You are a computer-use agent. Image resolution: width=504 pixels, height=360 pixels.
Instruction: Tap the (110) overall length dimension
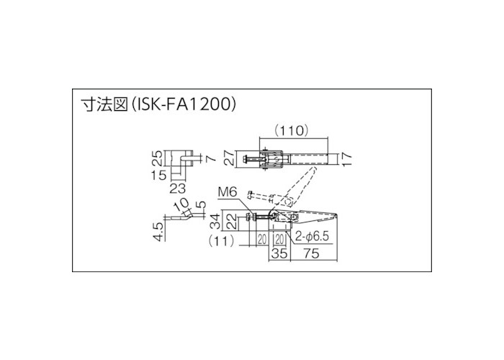[292, 131]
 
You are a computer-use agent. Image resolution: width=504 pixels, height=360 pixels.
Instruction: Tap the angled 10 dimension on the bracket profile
[182, 207]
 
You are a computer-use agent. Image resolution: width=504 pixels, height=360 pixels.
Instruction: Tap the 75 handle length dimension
[312, 254]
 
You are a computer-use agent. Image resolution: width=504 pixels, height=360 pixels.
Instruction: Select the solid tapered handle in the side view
[317, 215]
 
